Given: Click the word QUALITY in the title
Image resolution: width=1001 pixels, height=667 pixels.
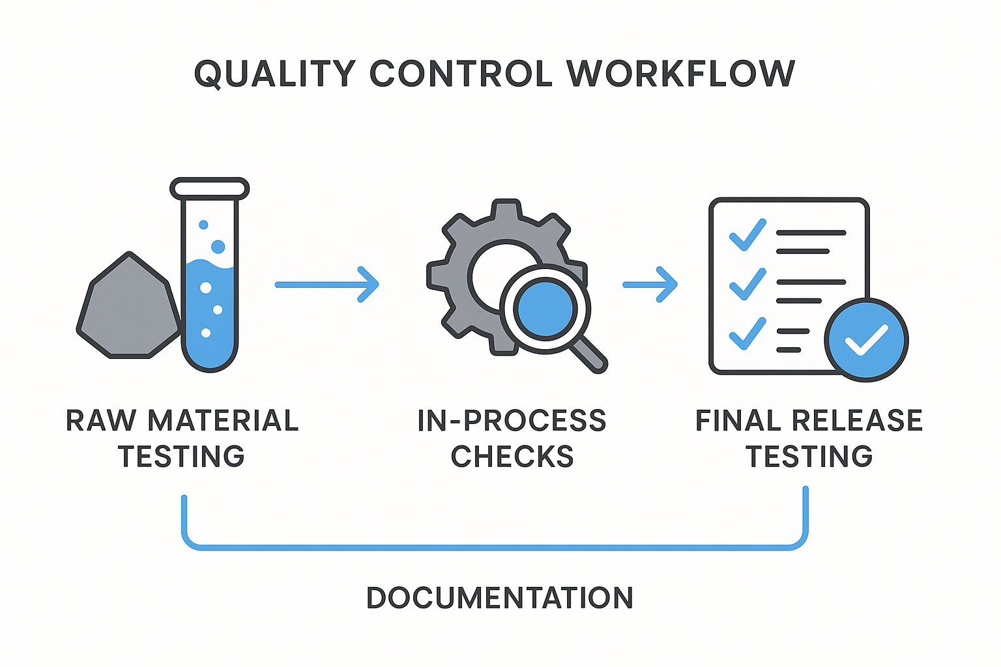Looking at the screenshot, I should point(275,73).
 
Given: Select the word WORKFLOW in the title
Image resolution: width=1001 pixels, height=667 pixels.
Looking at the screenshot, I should point(681,73).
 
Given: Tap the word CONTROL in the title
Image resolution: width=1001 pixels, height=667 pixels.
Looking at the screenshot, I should point(461,73).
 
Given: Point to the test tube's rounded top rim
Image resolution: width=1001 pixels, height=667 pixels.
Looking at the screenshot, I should point(210,188).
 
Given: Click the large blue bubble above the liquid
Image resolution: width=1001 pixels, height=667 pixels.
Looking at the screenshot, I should point(218,246).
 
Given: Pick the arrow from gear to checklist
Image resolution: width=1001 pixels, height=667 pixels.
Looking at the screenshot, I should point(650,285).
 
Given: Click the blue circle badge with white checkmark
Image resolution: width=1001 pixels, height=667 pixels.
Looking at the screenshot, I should point(866,339).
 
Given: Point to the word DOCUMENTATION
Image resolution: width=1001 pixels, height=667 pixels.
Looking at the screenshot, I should point(500,598).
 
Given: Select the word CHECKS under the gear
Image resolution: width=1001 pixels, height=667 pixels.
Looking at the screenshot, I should point(512,457).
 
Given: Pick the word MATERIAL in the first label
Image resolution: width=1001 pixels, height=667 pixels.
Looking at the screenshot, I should point(223,421).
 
